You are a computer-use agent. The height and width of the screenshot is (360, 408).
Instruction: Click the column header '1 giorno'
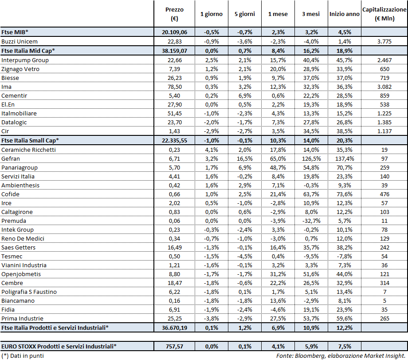211,14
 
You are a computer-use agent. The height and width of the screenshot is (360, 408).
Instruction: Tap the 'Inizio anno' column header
344,14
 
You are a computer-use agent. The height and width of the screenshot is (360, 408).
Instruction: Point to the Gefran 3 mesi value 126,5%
310,158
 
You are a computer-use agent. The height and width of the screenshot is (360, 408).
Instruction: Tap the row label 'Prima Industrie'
22,318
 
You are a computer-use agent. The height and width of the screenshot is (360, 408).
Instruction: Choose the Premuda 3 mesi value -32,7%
310,221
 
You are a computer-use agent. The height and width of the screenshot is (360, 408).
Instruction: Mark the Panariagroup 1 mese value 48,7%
278,167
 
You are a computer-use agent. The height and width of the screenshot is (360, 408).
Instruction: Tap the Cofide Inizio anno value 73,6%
344,194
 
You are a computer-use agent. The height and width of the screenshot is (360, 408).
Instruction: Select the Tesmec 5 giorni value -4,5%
244,256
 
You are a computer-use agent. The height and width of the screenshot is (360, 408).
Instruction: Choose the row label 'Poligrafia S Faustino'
29,292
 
